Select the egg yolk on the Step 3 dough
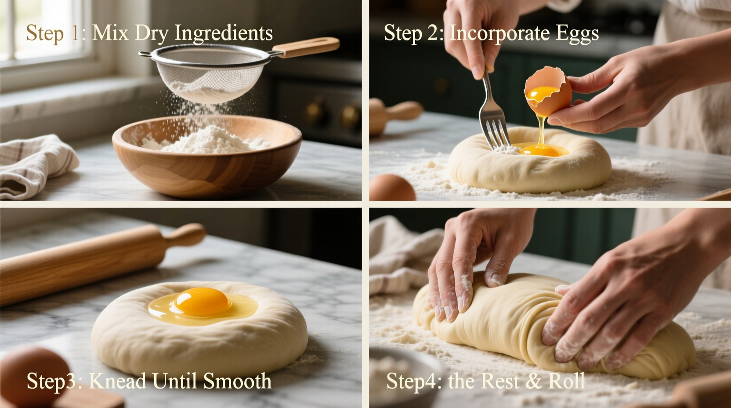coord(202,302)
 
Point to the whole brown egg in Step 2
coord(392,188)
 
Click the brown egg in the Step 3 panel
coord(33,374)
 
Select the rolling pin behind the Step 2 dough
coord(395,113)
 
